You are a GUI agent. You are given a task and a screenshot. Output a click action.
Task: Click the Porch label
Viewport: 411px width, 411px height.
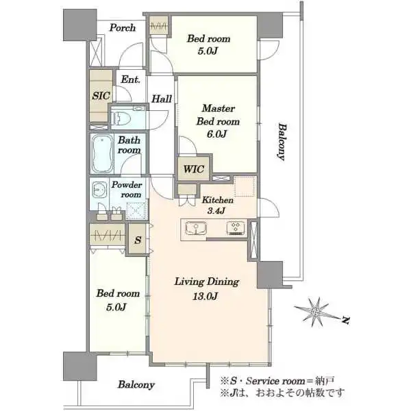123,27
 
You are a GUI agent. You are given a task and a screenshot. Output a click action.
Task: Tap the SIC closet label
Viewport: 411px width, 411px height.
101,96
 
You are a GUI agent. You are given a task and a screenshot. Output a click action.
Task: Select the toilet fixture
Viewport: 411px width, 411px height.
121,119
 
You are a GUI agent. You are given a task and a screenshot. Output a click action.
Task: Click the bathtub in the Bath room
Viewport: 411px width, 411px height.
103,153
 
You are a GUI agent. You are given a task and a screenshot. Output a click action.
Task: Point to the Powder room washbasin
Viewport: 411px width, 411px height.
99,190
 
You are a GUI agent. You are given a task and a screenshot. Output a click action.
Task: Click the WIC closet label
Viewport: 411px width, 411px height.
193,169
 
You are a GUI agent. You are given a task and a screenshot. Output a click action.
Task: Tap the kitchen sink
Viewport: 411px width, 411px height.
196,228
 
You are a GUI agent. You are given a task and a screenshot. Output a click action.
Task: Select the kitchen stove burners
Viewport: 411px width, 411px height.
236,227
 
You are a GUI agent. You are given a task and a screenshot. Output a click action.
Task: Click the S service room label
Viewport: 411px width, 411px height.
138,240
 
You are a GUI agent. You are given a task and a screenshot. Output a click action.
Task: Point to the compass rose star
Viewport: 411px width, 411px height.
316,312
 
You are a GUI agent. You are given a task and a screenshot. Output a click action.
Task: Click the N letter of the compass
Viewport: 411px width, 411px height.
346,320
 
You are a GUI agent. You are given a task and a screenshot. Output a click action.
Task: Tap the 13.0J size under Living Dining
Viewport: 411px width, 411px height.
206,297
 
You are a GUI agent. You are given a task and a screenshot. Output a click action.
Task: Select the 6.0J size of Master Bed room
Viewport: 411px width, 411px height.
216,134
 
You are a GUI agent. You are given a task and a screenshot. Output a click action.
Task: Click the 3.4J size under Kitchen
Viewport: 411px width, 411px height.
216,210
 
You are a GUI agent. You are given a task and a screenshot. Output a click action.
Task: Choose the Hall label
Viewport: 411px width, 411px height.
162,99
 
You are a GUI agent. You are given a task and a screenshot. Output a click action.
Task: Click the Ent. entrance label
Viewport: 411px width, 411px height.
130,79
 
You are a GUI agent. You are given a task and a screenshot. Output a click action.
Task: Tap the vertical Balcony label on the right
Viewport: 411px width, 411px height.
282,142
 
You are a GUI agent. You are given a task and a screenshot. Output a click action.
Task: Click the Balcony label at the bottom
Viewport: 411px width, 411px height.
136,384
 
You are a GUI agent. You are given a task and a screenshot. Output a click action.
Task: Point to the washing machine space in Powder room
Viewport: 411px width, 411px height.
136,210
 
